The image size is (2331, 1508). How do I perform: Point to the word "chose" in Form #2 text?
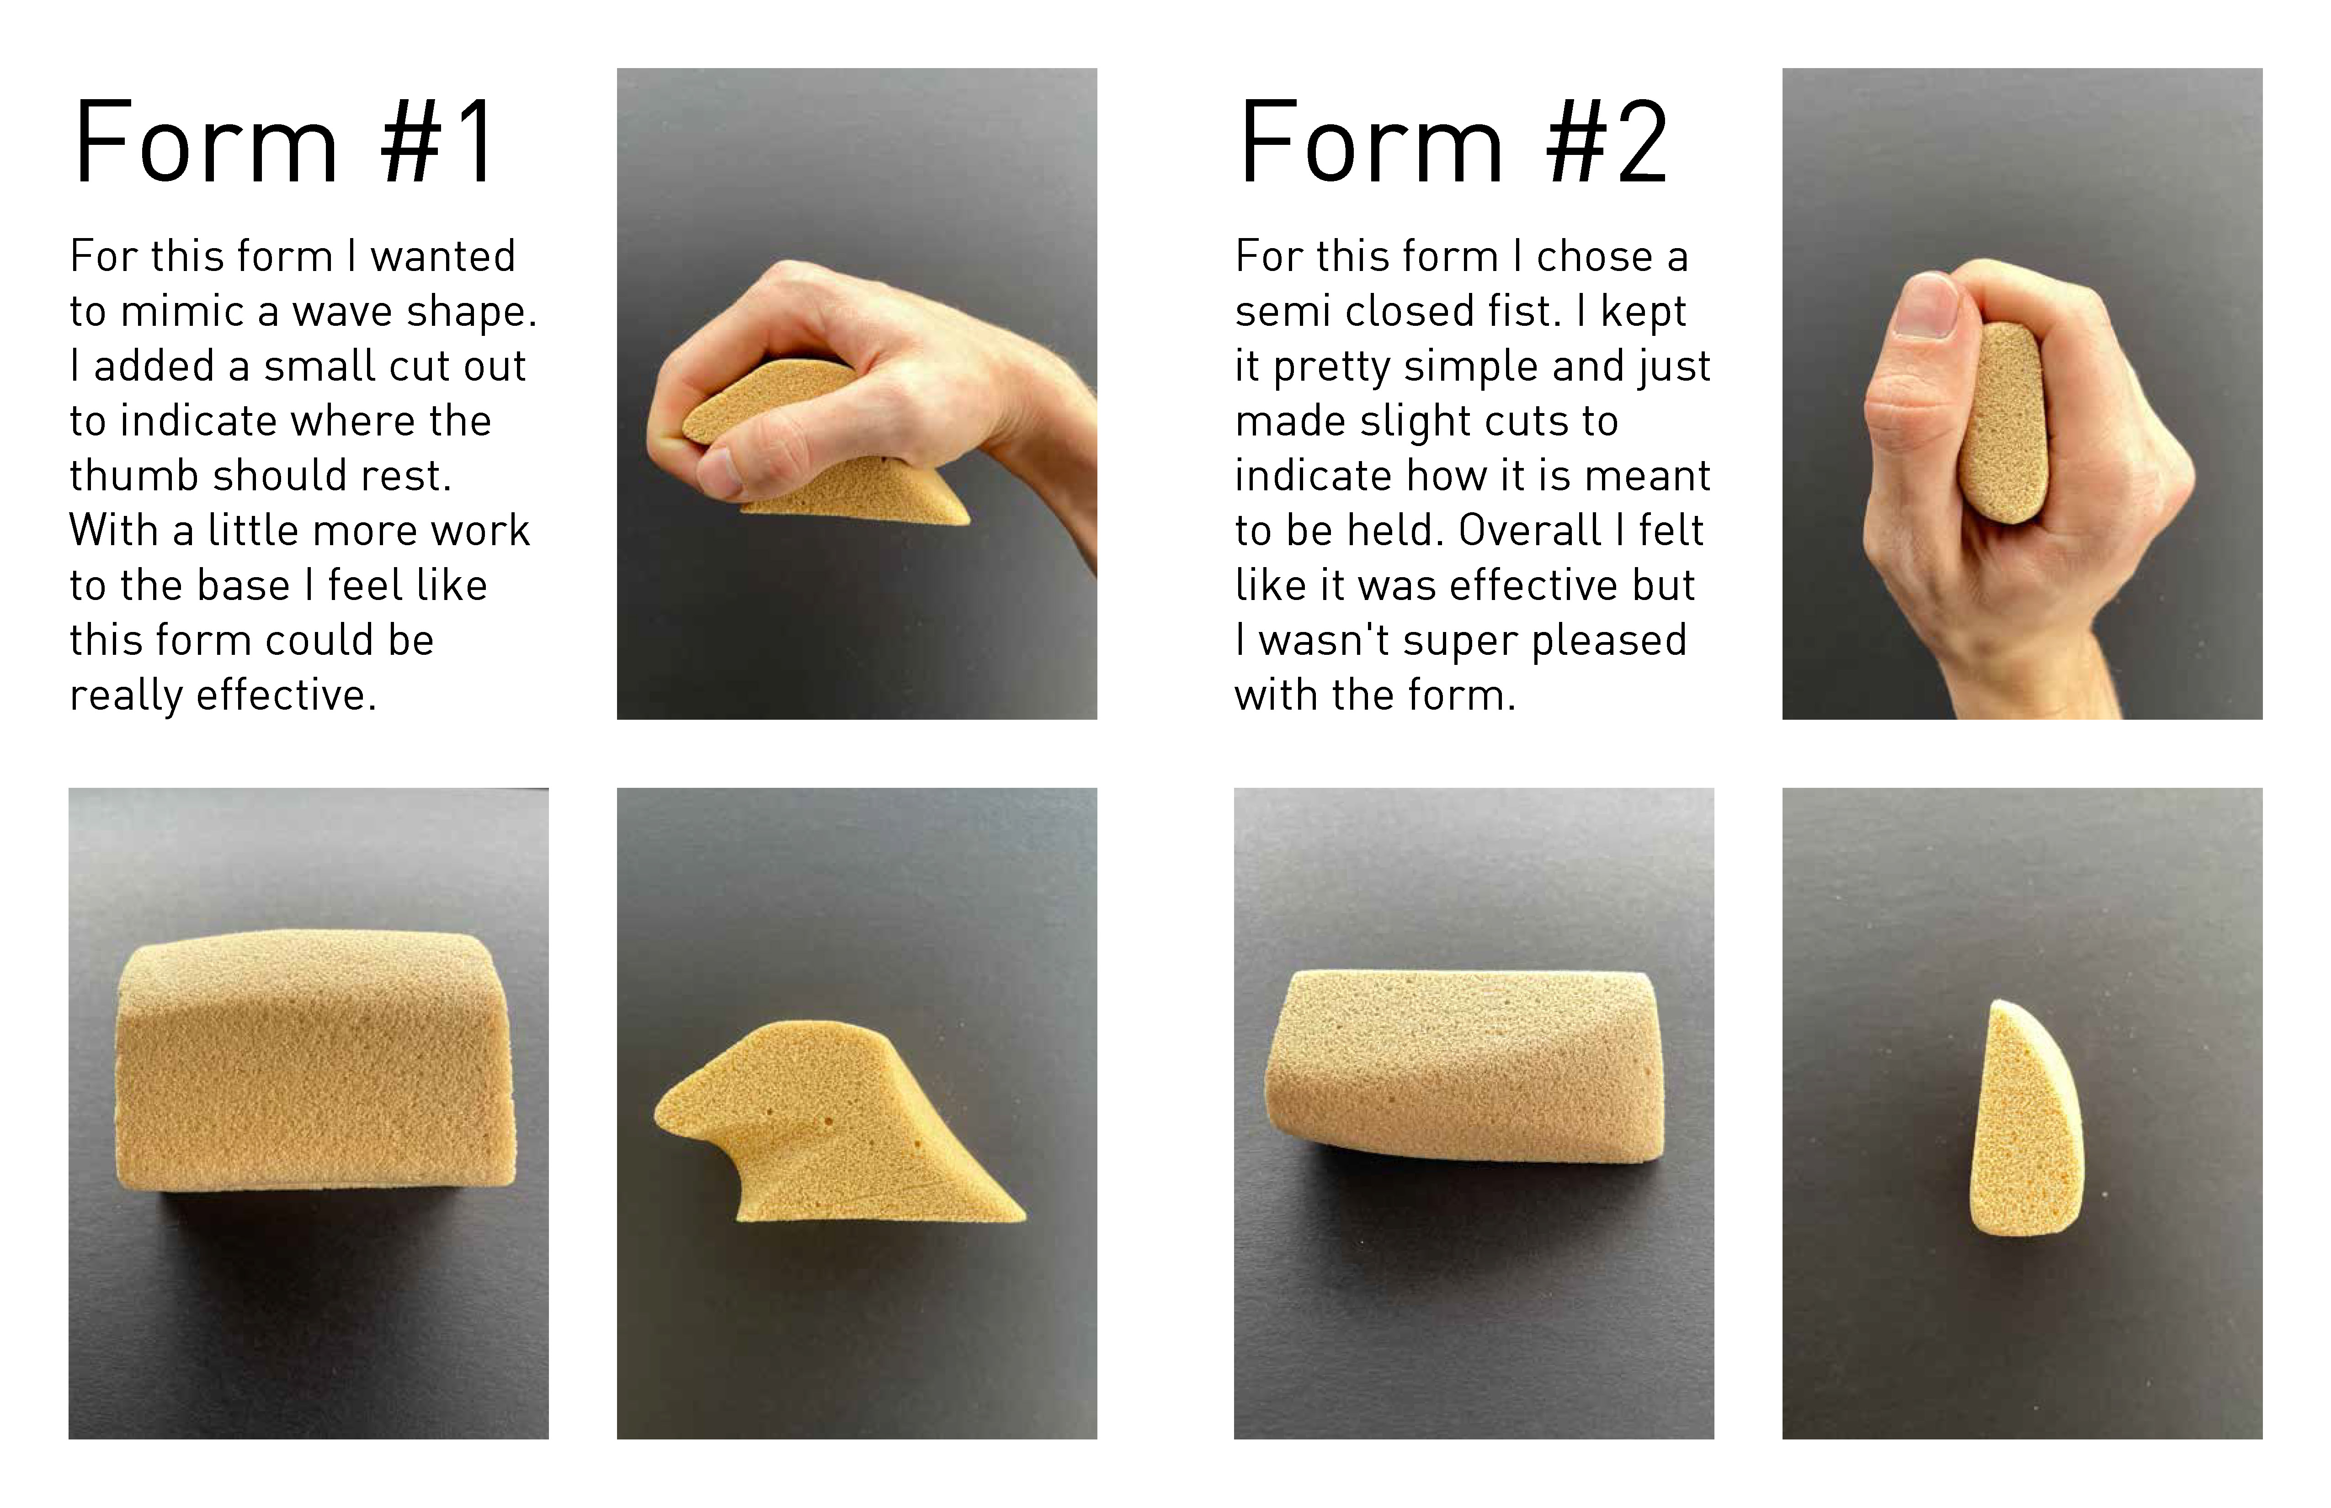pos(1595,256)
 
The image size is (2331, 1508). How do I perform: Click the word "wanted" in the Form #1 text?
pos(443,256)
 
